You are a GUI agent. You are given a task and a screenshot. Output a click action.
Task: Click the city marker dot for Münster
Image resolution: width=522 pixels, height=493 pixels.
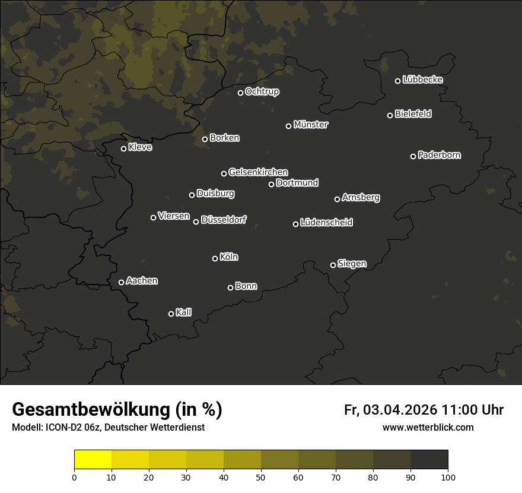pos(289,126)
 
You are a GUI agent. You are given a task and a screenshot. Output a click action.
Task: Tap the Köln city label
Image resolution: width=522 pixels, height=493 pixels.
pos(229,257)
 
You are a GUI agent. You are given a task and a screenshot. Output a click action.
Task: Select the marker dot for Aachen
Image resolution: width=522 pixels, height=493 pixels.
pos(122,282)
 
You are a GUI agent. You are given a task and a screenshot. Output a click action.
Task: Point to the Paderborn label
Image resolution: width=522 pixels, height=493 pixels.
pos(440,155)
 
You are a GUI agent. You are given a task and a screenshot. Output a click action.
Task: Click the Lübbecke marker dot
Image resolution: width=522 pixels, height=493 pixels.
pos(398,81)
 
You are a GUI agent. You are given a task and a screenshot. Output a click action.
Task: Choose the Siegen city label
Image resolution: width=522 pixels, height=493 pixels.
pos(352,264)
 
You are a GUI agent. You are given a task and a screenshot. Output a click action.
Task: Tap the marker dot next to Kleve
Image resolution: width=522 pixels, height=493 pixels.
pos(124,148)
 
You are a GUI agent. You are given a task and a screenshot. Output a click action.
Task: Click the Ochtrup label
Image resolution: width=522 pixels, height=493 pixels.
pos(262,91)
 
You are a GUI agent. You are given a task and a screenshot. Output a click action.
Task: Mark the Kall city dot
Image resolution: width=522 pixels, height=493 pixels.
pos(171,314)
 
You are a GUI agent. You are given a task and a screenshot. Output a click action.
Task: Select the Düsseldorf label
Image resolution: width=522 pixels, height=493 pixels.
pos(224,220)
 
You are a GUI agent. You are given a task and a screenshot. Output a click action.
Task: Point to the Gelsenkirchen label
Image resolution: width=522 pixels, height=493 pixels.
pos(258,172)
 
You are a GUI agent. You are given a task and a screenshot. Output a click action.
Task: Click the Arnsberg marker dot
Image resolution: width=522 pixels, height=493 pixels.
pos(338,199)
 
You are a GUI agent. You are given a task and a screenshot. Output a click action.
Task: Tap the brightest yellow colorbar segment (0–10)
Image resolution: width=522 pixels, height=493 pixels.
pos(93,460)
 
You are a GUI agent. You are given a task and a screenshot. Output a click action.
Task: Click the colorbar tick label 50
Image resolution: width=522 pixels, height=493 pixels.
pos(261,477)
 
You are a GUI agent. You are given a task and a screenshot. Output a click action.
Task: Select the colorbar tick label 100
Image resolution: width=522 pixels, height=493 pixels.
pos(448,477)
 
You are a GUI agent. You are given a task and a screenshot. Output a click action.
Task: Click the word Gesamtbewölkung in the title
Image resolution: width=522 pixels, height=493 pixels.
pos(90,410)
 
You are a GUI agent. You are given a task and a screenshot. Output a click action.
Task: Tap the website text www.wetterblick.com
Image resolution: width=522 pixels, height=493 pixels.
pos(428,427)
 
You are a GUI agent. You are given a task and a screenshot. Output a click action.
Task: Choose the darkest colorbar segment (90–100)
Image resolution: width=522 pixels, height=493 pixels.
pos(429,460)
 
